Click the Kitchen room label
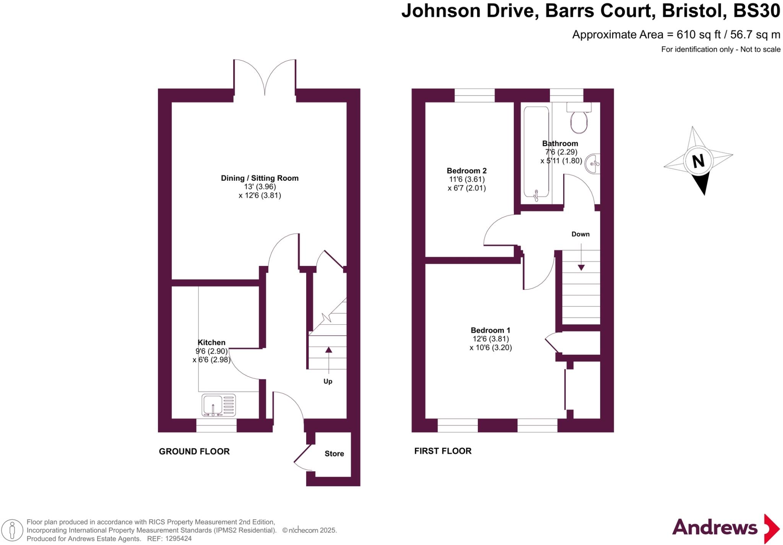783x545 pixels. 211,343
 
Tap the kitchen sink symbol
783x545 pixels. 218,405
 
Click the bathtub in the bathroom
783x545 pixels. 536,153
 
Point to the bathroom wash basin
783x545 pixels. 593,164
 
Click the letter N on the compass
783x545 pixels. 698,161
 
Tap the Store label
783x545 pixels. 334,454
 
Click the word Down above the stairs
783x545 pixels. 580,234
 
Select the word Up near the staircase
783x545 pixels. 328,382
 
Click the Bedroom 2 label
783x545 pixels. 466,171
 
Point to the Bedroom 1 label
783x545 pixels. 490,330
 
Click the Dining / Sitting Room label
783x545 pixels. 260,178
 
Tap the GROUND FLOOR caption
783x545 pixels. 194,451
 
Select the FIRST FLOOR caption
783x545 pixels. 443,451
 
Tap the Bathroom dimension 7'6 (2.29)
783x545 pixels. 561,152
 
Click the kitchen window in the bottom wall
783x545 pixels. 216,425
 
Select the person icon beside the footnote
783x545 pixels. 12,530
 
